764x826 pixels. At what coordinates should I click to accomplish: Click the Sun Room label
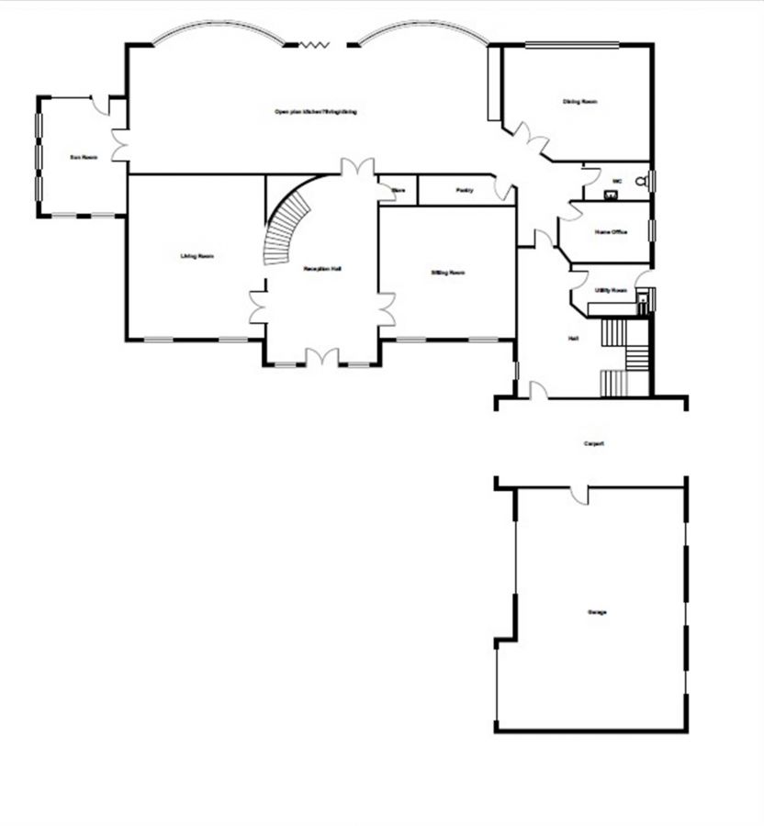coord(84,157)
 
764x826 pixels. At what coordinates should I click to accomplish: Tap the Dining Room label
coord(579,102)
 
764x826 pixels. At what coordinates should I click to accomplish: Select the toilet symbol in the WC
coord(644,181)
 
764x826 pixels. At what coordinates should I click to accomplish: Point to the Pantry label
coord(465,190)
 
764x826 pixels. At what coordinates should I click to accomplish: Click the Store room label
coord(399,190)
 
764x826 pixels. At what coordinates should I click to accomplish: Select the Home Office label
coord(611,232)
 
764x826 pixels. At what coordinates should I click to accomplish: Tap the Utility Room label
coord(610,289)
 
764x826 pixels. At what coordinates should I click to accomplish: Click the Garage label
coord(597,612)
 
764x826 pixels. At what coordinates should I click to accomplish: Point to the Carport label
coord(594,443)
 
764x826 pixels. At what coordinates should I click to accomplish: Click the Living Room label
coord(197,255)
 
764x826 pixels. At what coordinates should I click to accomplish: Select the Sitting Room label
coord(448,273)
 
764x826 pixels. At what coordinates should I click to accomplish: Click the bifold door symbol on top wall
coord(317,42)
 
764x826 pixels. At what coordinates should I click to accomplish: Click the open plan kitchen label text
coord(315,111)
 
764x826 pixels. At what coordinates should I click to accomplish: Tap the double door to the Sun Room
coord(118,145)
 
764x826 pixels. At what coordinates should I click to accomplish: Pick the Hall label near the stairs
coord(573,339)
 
